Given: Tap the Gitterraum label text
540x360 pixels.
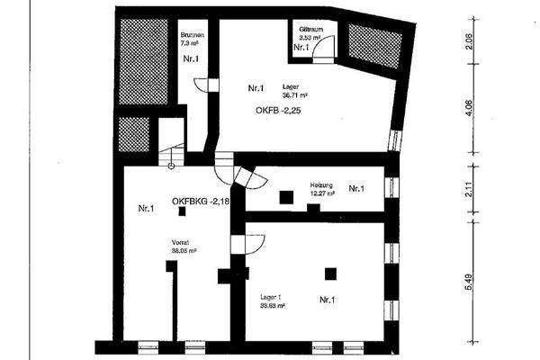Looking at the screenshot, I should tap(312, 29).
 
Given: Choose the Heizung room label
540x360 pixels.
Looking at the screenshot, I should tap(321, 183).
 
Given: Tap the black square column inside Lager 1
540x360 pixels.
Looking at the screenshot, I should tap(331, 273).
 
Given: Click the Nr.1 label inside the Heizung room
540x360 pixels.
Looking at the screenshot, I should tap(355, 189).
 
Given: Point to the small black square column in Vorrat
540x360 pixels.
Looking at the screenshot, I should tap(183, 211).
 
